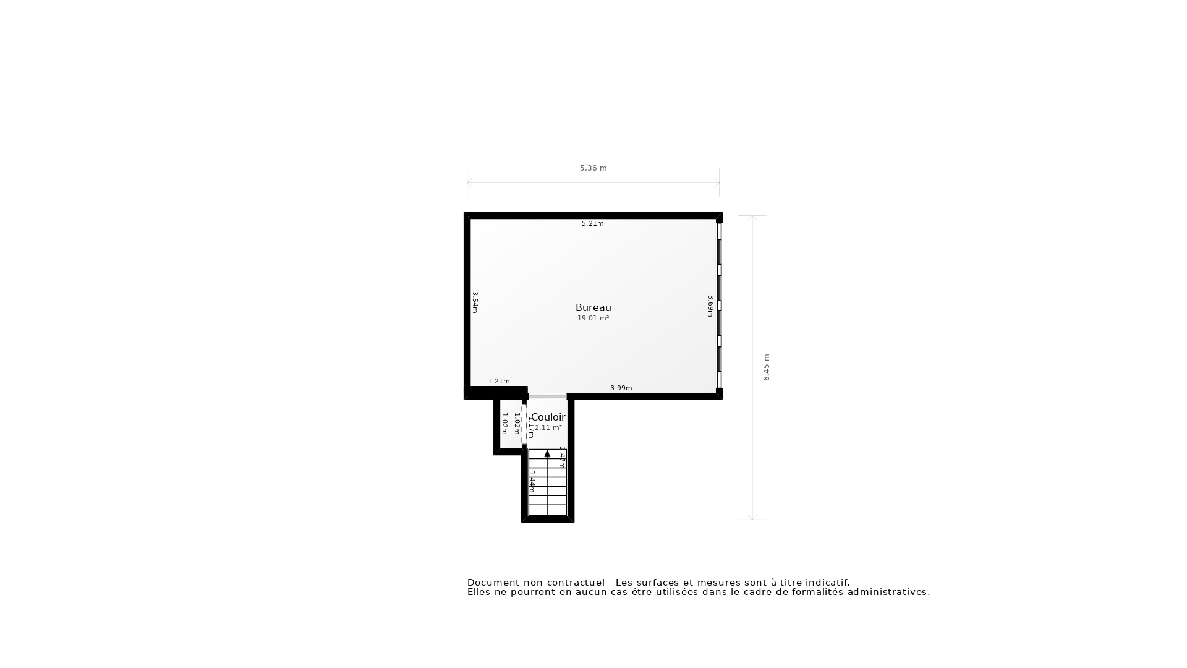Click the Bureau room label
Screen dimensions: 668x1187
tap(593, 307)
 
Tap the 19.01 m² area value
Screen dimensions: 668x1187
tap(593, 318)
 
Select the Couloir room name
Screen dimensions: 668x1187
tap(548, 417)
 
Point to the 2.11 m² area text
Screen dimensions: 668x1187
tap(548, 427)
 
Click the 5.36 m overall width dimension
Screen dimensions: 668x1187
tap(593, 168)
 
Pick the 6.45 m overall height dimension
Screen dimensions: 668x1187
tap(767, 367)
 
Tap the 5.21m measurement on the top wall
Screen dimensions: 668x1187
tap(592, 223)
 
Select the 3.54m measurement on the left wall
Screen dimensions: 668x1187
tap(475, 302)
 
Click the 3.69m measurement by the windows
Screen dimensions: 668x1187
tap(710, 306)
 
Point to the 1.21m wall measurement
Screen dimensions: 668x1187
tap(498, 381)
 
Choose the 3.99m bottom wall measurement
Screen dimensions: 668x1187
tap(621, 388)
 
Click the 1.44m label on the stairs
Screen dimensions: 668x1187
tap(532, 481)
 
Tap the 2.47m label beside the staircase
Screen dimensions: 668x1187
tap(562, 456)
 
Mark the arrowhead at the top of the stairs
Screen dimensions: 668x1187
tap(547, 453)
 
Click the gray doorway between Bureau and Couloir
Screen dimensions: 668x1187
tap(547, 396)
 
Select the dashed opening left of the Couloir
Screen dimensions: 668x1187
tap(524, 424)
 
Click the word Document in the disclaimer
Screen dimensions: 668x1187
tap(492, 583)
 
